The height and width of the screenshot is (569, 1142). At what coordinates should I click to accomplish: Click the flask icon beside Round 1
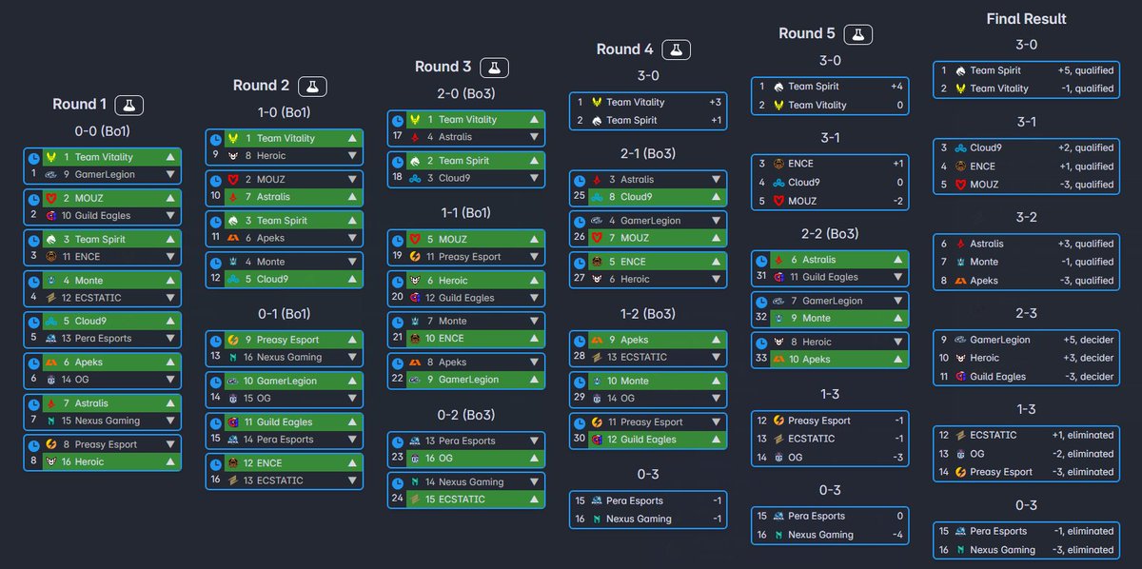click(129, 105)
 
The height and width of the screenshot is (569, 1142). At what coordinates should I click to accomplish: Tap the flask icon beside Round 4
click(676, 50)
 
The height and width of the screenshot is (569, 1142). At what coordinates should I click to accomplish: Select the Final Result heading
click(1026, 19)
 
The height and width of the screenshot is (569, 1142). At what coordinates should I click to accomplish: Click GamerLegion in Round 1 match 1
click(105, 174)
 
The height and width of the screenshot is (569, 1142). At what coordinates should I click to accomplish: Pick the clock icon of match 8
click(34, 445)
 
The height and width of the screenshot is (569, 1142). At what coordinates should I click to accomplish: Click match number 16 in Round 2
click(216, 480)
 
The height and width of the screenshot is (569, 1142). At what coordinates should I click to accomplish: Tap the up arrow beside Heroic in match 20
click(534, 281)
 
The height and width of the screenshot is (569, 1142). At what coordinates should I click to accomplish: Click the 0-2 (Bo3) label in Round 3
click(466, 415)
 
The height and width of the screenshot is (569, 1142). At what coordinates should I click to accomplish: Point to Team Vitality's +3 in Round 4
click(715, 102)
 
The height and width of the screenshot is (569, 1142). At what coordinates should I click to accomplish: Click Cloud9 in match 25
click(636, 197)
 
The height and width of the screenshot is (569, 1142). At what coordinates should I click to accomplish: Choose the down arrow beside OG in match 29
click(716, 398)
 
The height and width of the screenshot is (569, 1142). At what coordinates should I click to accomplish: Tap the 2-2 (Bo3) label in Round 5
click(830, 234)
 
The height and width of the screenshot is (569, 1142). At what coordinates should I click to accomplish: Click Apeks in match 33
click(817, 360)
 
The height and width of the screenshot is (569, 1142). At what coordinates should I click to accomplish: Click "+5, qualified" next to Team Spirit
click(1086, 70)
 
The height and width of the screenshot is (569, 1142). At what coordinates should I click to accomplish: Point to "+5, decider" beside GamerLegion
click(1088, 340)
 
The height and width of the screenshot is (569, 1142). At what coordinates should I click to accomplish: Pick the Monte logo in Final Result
click(960, 262)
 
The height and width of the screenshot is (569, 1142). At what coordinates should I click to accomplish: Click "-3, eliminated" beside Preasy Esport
click(1083, 472)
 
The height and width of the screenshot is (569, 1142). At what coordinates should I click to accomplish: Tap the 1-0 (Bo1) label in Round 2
click(284, 112)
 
